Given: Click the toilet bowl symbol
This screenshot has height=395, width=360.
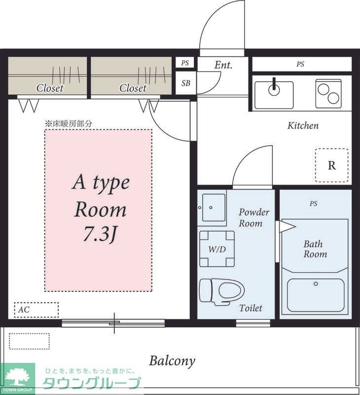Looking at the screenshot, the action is [x=221, y=292].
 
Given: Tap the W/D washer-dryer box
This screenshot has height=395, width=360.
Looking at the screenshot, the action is [x=217, y=249].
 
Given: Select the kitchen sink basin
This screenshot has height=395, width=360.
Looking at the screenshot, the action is [x=274, y=95].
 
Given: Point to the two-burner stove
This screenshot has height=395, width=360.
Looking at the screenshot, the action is [x=328, y=94].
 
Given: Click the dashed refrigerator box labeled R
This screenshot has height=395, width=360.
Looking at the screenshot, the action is [x=332, y=165].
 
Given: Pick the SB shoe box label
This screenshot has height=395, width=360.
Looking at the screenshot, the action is [x=186, y=83].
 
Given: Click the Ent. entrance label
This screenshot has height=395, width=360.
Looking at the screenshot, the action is [x=223, y=65].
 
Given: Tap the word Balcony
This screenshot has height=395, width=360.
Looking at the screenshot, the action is [x=172, y=361].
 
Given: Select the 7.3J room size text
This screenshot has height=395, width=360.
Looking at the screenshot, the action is [x=100, y=234].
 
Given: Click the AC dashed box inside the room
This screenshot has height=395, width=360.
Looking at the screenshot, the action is [x=36, y=310].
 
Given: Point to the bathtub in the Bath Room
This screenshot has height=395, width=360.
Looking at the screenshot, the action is [x=316, y=292].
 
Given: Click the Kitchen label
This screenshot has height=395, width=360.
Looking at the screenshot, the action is [x=303, y=125].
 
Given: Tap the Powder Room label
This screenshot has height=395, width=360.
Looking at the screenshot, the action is [x=253, y=218].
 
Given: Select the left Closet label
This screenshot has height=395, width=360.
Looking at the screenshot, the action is [x=49, y=88].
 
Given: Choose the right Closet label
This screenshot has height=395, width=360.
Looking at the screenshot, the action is [x=133, y=88].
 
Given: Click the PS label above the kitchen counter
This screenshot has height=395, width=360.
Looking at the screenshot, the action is [x=300, y=64].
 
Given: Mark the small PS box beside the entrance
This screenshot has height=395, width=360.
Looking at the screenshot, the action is [x=185, y=63].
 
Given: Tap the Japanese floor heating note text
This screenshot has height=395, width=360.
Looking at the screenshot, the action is [x=69, y=124].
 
